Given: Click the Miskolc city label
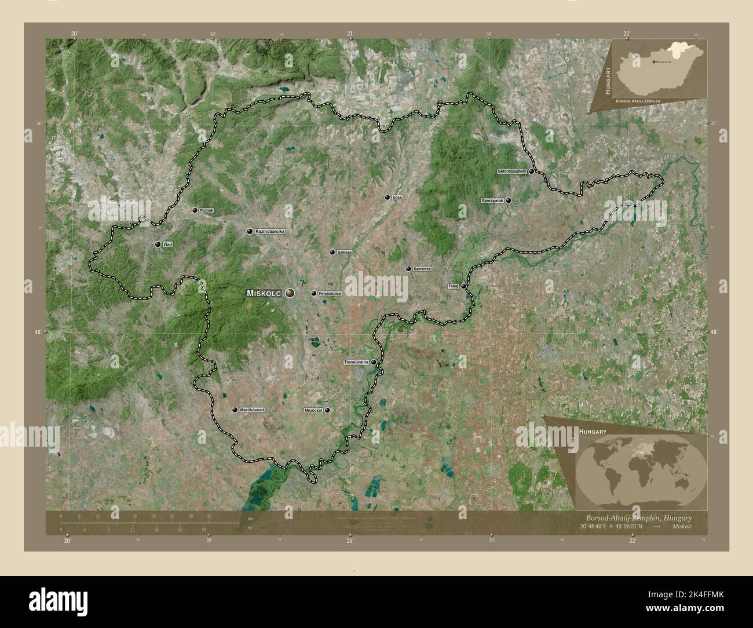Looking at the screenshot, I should (x=264, y=294).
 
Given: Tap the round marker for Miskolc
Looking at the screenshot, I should (x=289, y=294).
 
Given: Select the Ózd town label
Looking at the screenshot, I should (x=168, y=245).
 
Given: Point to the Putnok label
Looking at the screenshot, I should (x=207, y=210).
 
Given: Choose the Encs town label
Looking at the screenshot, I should (x=397, y=198).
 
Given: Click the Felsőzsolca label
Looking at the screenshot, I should (x=330, y=294).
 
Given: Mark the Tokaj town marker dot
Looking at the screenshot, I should (x=463, y=286).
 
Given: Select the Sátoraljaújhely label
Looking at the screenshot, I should (x=511, y=171).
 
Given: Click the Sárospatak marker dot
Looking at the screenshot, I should (x=509, y=200).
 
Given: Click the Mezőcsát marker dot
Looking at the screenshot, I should (x=328, y=410).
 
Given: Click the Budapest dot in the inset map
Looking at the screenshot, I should (x=654, y=61).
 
